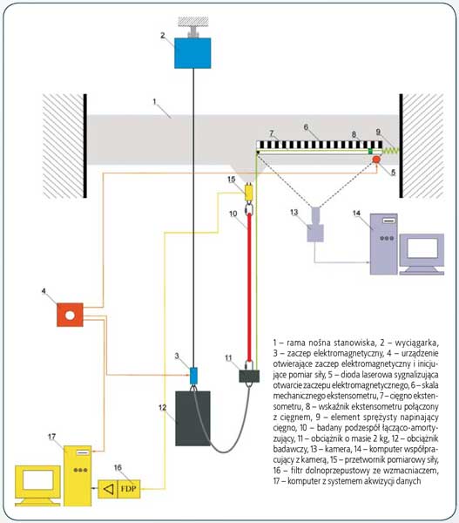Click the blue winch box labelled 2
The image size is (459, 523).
pyautogui.click(x=192, y=53)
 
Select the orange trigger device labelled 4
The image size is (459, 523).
pyautogui.click(x=70, y=315)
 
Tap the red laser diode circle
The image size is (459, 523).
pyautogui.click(x=376, y=160)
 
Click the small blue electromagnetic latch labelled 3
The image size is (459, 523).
pyautogui.click(x=193, y=376)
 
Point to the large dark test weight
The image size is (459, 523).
pyautogui.click(x=192, y=418)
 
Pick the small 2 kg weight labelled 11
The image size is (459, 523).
pyautogui.click(x=249, y=376)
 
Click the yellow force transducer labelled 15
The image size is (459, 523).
pyautogui.click(x=249, y=193)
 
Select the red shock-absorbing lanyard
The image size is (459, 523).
pyautogui.click(x=249, y=288)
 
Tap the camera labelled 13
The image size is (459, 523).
pyautogui.click(x=315, y=225)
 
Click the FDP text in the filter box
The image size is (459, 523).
pyautogui.click(x=128, y=489)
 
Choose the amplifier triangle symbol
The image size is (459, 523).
pyautogui.click(x=108, y=489)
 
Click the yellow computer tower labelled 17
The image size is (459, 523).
pyautogui.click(x=78, y=476)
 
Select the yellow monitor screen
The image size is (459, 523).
pyautogui.click(x=37, y=480)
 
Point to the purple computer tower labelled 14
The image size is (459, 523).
pyautogui.click(x=384, y=244)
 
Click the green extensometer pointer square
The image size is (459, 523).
pyautogui.click(x=370, y=151)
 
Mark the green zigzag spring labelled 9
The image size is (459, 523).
pyautogui.click(x=390, y=151)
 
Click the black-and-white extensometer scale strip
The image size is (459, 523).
pyautogui.click(x=320, y=145)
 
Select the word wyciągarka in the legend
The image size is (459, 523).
pyautogui.click(x=416, y=343)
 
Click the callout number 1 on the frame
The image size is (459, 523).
pyautogui.click(x=154, y=101)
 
